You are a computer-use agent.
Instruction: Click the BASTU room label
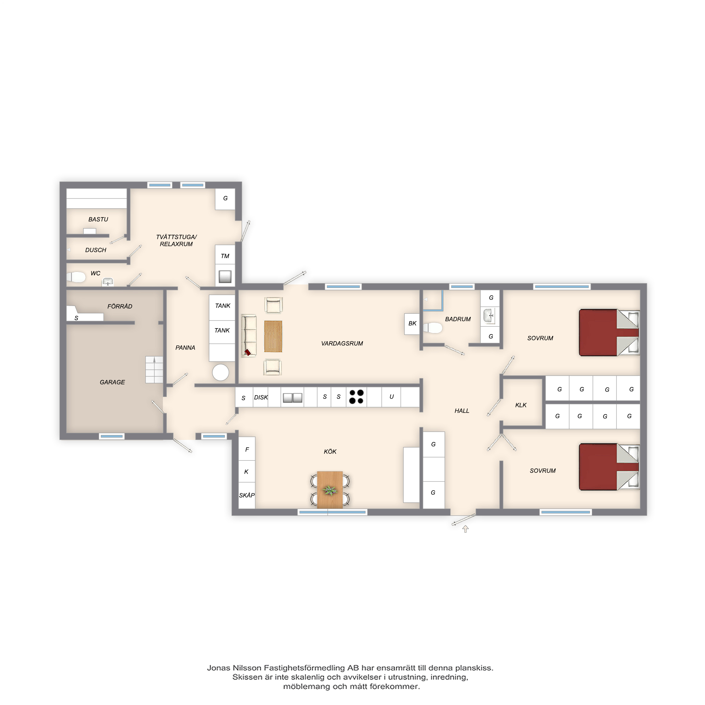pyautogui.click(x=98, y=219)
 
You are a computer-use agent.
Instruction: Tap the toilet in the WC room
pyautogui.click(x=76, y=277)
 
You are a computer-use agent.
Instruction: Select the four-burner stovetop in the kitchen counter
pyautogui.click(x=356, y=397)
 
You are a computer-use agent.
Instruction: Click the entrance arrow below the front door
pyautogui.click(x=465, y=529)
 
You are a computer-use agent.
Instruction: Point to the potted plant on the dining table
pyautogui.click(x=330, y=490)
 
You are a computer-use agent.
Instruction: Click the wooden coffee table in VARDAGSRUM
pyautogui.click(x=273, y=336)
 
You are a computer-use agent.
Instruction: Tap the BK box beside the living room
pyautogui.click(x=412, y=324)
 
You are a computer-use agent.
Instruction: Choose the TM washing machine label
pyautogui.click(x=225, y=256)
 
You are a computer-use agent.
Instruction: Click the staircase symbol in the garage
pyautogui.click(x=154, y=370)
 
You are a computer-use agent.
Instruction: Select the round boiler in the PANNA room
pyautogui.click(x=220, y=373)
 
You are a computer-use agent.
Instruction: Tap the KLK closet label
pyautogui.click(x=521, y=405)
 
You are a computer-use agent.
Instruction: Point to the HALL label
pyautogui.click(x=462, y=411)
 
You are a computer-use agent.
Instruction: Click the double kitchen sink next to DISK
pyautogui.click(x=293, y=397)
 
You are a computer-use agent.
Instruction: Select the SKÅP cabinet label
pyautogui.click(x=247, y=495)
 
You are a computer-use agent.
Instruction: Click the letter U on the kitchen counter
pyautogui.click(x=392, y=397)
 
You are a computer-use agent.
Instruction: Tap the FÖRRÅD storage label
pyautogui.click(x=120, y=307)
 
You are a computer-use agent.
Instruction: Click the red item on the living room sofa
pyautogui.click(x=247, y=352)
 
